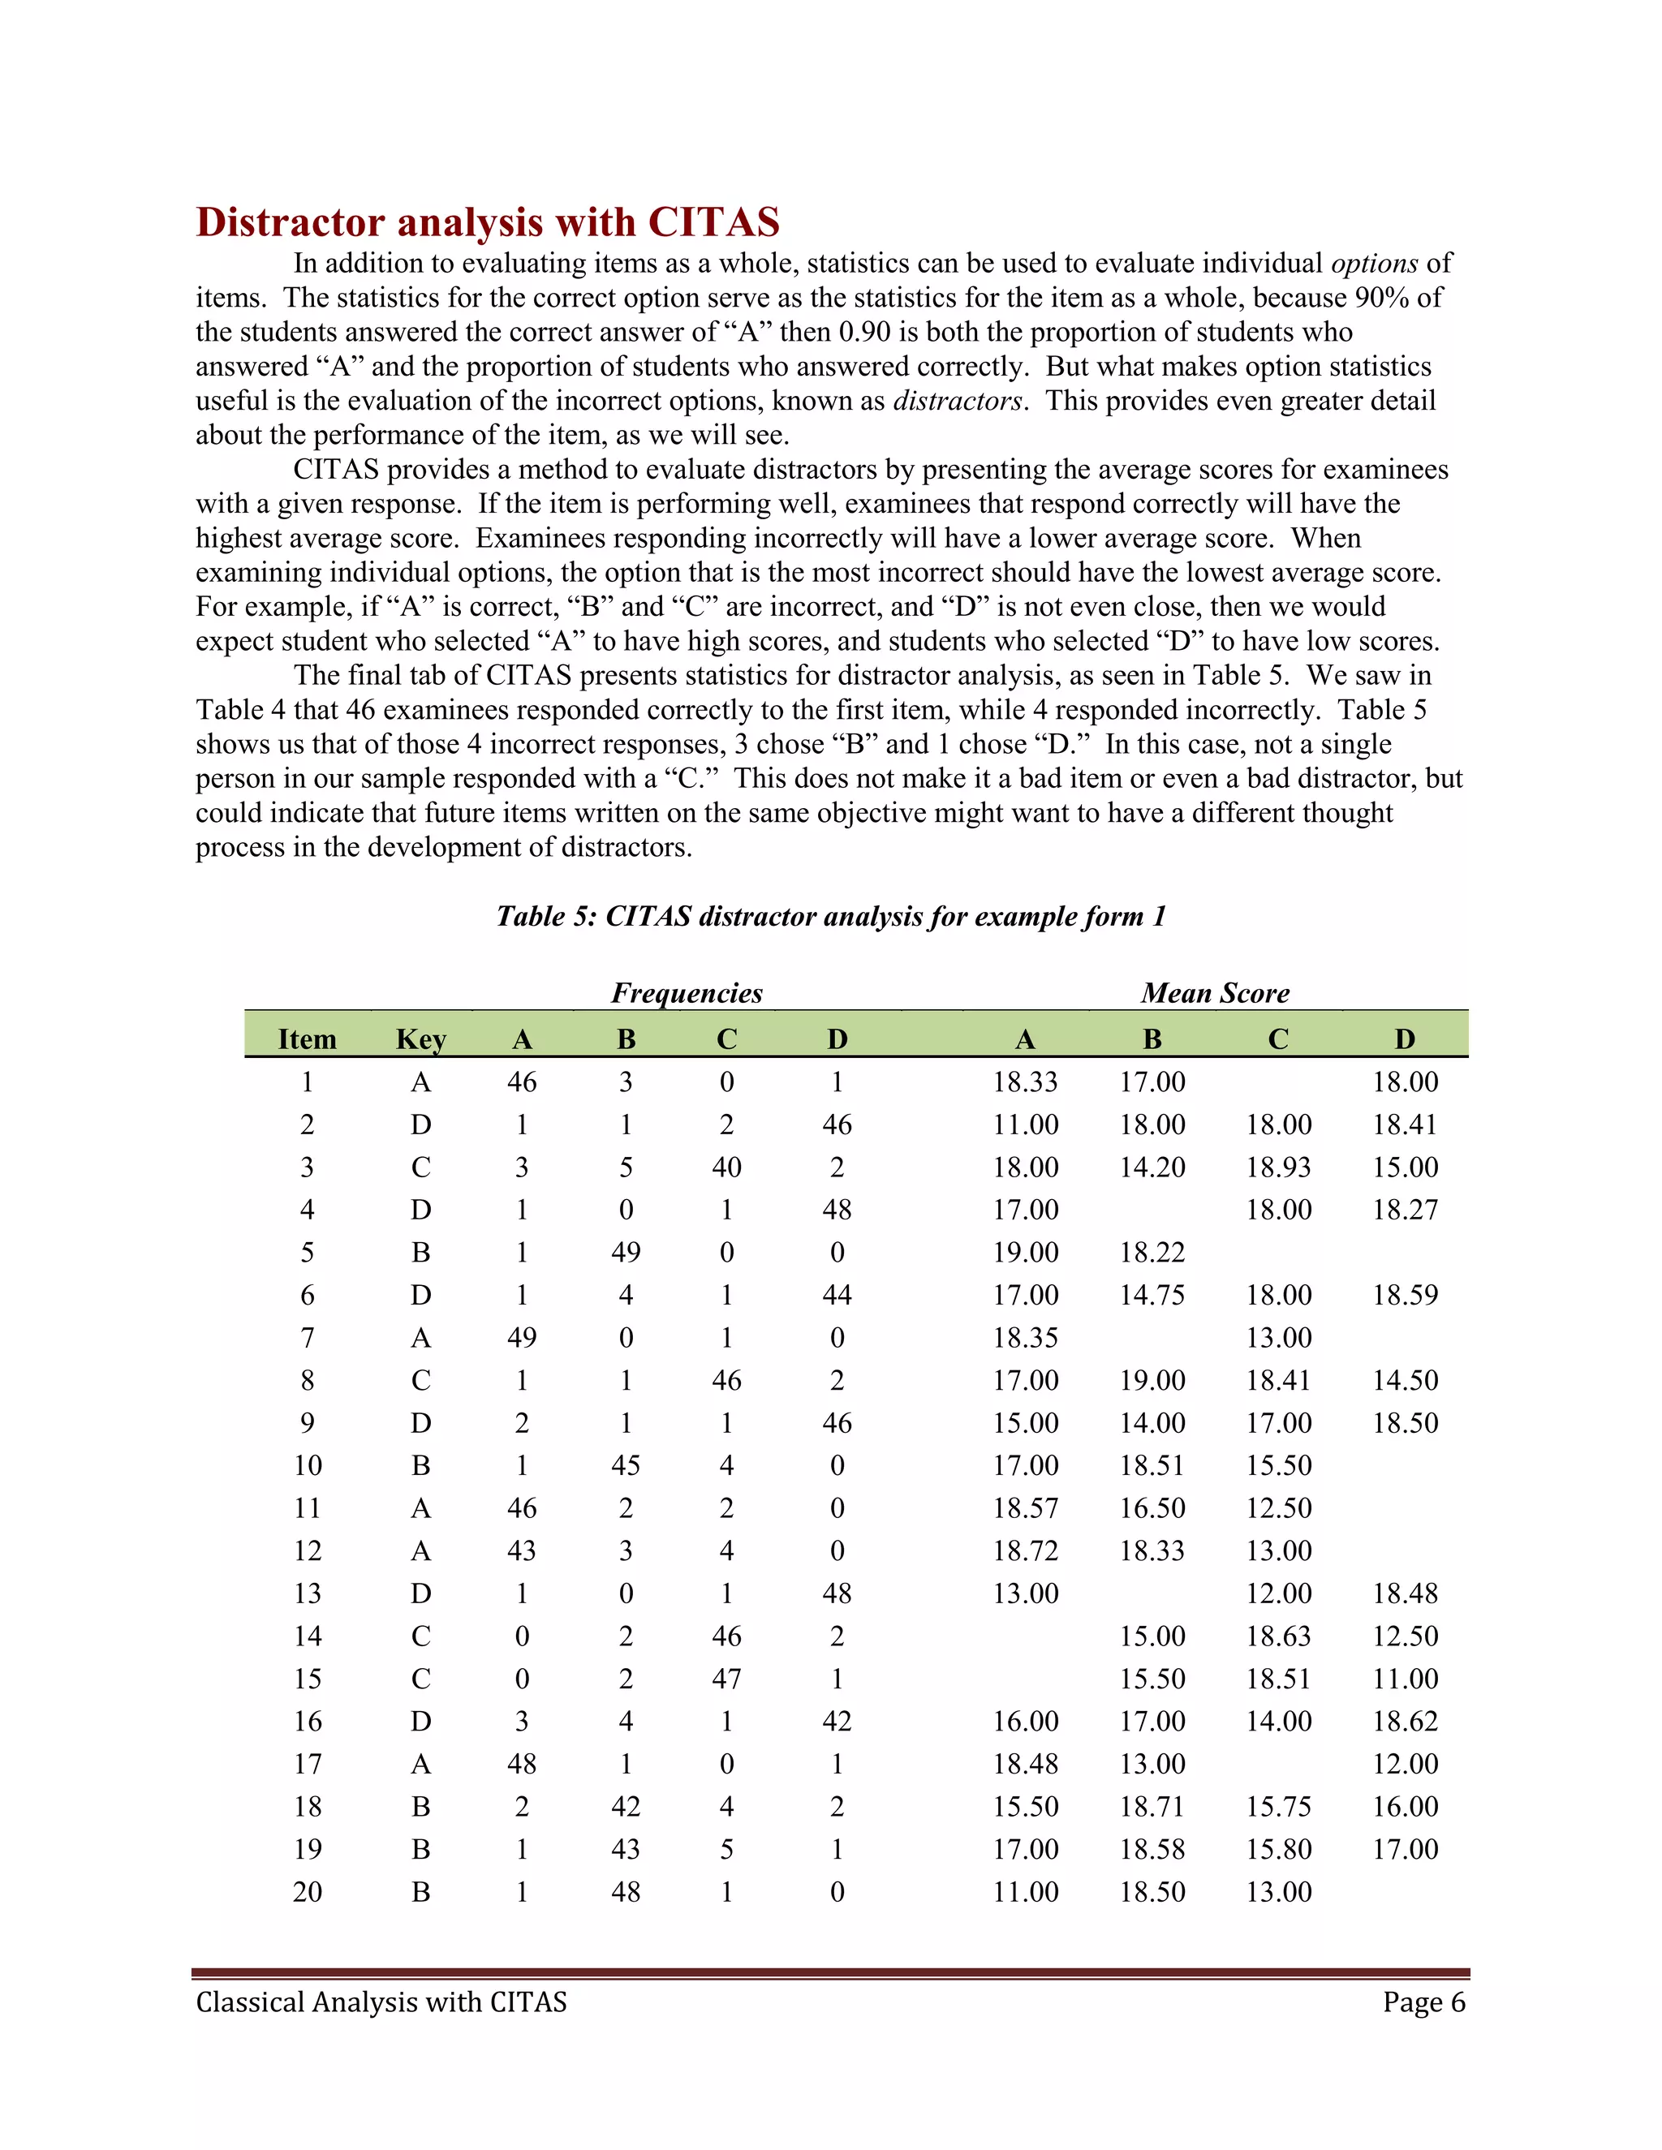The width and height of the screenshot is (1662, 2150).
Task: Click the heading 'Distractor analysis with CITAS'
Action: (488, 222)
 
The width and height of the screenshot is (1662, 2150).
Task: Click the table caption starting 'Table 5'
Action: (831, 917)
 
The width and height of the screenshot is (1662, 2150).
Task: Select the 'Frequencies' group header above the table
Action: (687, 992)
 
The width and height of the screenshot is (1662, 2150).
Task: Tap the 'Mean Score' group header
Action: (1215, 992)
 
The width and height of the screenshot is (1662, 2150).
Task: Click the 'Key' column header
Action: (420, 1039)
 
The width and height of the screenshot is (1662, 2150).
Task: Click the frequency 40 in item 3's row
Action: (726, 1167)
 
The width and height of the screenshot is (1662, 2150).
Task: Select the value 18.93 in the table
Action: (1278, 1167)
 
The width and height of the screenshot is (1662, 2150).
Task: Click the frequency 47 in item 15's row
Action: (726, 1679)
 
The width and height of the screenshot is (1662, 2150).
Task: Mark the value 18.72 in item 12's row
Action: (1025, 1550)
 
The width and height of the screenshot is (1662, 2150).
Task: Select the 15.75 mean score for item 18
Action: (1278, 1807)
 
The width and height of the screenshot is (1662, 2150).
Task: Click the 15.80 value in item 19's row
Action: (1278, 1849)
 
